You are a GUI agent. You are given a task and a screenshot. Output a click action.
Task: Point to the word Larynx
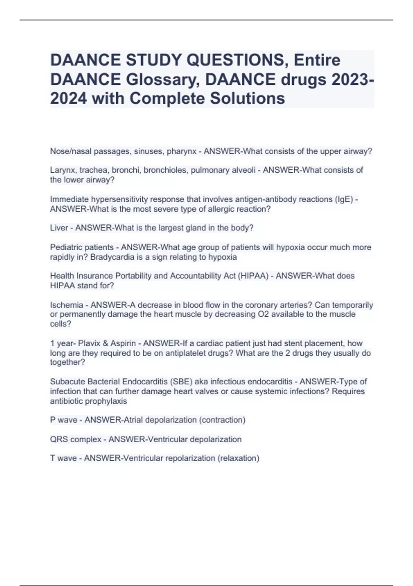[x=63, y=170]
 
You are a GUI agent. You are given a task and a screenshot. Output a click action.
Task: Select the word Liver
[x=59, y=228]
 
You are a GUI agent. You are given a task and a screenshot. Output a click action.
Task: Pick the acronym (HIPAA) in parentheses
[x=253, y=276]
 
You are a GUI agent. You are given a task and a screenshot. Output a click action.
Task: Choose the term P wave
[x=64, y=420]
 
